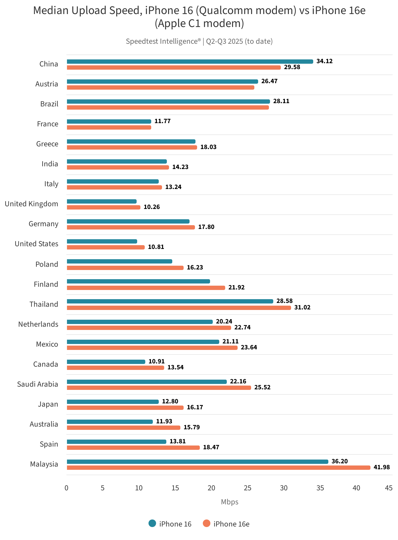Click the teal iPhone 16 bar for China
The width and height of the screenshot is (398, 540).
point(190,62)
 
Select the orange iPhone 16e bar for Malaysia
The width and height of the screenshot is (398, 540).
point(218,468)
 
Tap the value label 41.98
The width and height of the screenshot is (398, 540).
point(382,467)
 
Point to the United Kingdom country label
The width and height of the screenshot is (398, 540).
point(31,204)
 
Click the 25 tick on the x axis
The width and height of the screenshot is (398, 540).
point(248,488)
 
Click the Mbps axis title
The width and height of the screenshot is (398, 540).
point(230,502)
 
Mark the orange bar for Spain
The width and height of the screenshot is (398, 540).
point(133,448)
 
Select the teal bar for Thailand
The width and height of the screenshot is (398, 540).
point(170,301)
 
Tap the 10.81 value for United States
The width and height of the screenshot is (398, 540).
point(156,247)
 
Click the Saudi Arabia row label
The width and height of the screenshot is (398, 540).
point(38,384)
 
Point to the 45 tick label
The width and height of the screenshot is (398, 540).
point(389,488)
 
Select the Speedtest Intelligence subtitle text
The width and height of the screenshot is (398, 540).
point(163,41)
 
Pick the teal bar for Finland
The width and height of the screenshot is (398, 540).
point(138,281)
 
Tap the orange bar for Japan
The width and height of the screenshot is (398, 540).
point(125,408)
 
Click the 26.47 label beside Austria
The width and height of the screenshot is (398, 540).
point(269,81)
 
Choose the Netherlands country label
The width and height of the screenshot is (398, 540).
point(38,324)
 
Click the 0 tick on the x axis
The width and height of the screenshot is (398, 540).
point(66,488)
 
